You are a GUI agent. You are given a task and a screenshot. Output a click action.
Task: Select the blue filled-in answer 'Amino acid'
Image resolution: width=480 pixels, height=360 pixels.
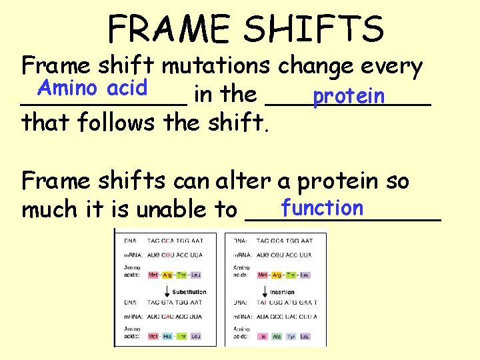coord(93,87)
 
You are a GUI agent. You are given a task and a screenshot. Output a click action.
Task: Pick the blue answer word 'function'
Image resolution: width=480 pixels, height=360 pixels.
coord(322,208)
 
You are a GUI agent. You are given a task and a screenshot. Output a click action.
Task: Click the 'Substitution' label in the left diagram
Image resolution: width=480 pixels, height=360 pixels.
coord(189,292)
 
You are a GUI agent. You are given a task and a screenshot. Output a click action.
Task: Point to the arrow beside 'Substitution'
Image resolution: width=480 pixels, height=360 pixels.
coord(166,291)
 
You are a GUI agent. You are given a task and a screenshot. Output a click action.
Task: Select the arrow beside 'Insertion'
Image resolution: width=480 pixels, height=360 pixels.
coord(264,291)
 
